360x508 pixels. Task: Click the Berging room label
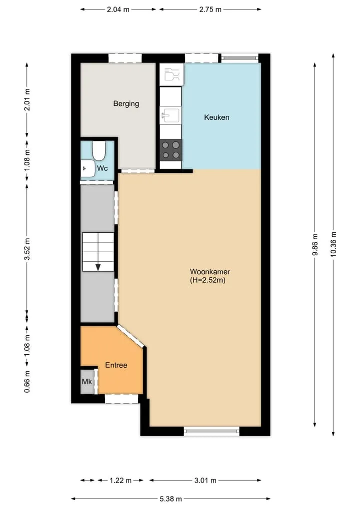pyautogui.click(x=126, y=104)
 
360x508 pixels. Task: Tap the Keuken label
pyautogui.click(x=216, y=117)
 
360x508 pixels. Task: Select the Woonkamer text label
pyautogui.click(x=210, y=272)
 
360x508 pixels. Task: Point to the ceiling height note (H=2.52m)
pyautogui.click(x=207, y=280)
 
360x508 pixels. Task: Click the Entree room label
pyautogui.click(x=116, y=365)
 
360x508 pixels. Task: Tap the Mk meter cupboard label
pyautogui.click(x=87, y=382)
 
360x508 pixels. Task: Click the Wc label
pyautogui.click(x=102, y=168)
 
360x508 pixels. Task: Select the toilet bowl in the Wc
pyautogui.click(x=99, y=151)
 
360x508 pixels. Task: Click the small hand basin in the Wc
pyautogui.click(x=87, y=168)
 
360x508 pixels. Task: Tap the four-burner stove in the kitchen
pyautogui.click(x=171, y=150)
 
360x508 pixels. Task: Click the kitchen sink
pyautogui.click(x=170, y=115)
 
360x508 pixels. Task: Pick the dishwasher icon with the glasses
pyautogui.click(x=172, y=75)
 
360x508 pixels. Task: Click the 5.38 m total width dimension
pyautogui.click(x=170, y=499)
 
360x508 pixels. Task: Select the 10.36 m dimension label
pyautogui.click(x=333, y=245)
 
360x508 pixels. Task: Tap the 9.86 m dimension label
pyautogui.click(x=314, y=245)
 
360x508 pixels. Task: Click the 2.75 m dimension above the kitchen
pyautogui.click(x=210, y=9)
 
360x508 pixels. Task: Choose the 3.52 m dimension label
pyautogui.click(x=27, y=249)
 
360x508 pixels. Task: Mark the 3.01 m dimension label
pyautogui.click(x=205, y=480)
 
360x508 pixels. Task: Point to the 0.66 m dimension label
pyautogui.click(x=27, y=382)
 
